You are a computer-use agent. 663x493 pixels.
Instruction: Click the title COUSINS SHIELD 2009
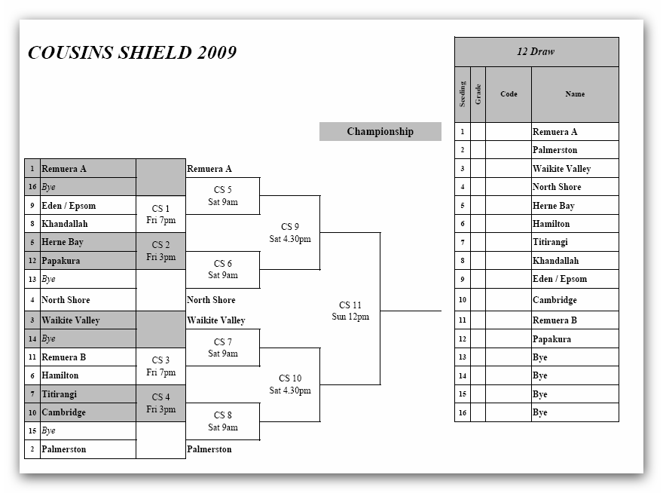132,53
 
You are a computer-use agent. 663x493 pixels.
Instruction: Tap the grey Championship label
380,132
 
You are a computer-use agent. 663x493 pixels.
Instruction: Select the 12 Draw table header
536,52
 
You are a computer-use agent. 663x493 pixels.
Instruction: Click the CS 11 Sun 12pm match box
350,311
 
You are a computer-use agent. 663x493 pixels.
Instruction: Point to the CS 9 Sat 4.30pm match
290,233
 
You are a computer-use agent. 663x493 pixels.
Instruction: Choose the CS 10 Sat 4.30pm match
290,384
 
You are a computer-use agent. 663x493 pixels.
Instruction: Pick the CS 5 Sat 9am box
223,196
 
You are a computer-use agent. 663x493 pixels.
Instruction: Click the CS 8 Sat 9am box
223,421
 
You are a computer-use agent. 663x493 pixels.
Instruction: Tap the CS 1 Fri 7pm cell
160,215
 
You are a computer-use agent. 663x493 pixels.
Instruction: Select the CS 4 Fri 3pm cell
160,403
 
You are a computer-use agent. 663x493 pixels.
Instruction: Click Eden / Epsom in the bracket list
69,206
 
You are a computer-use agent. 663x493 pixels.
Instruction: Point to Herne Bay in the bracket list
63,243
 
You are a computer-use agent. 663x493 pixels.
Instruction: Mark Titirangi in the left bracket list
60,394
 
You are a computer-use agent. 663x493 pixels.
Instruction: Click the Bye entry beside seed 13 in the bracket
49,280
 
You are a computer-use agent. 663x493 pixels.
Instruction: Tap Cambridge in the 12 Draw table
555,300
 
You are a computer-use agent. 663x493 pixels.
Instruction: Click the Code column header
509,94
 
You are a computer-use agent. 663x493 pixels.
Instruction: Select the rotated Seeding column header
463,94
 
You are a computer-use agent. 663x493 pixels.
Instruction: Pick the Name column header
575,94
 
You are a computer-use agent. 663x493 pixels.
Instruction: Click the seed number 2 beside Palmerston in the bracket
32,449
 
